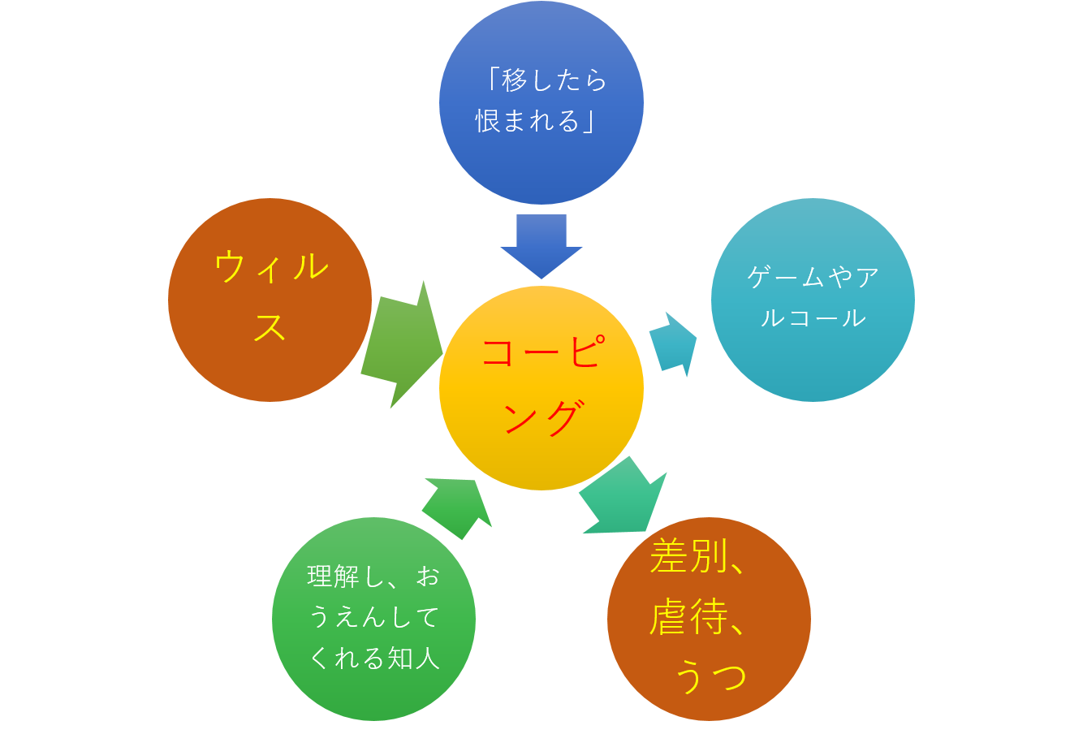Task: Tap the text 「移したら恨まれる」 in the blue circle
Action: pos(541,101)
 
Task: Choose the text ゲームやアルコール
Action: pos(813,297)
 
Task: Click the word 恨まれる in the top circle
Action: pos(528,122)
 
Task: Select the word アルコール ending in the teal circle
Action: pos(813,317)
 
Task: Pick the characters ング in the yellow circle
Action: pos(541,418)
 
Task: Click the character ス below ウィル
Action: pos(270,326)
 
